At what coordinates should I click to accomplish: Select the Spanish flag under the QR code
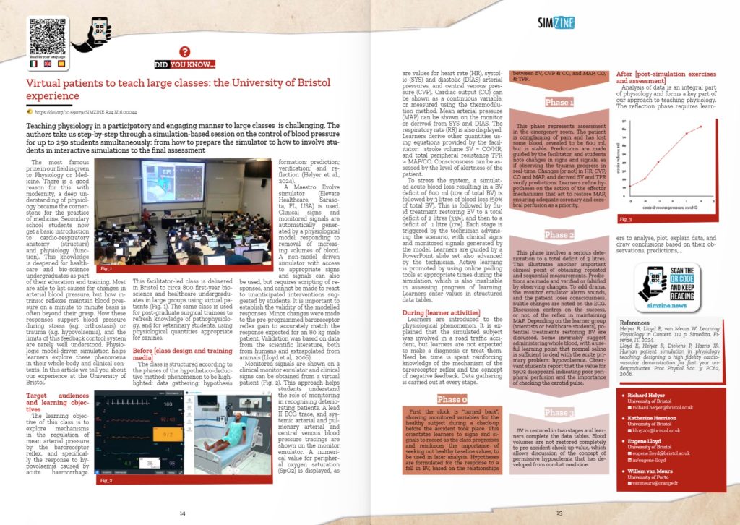coord(61,64)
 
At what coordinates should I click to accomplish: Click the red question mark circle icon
coord(185,51)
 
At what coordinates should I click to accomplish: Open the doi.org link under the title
coord(87,112)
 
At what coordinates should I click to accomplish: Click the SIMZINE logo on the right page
coord(555,22)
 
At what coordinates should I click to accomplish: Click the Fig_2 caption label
coord(106,479)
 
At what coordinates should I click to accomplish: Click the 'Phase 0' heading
coord(456,399)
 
